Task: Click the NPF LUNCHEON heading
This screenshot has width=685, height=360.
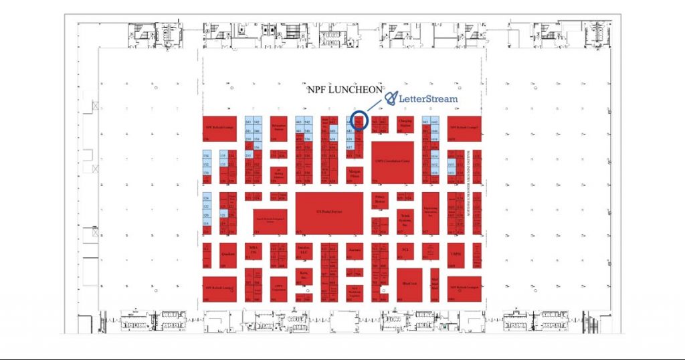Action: coord(345,89)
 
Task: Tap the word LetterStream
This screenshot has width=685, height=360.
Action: coord(428,99)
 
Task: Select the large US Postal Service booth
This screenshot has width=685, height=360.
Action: coord(328,212)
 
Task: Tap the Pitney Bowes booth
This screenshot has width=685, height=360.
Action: coord(380,199)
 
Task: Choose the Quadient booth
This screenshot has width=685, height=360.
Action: coord(225,255)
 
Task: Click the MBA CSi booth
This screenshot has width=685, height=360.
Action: coord(252,251)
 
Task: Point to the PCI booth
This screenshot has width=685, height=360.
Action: coord(403,251)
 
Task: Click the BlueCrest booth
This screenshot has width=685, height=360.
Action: coord(409,282)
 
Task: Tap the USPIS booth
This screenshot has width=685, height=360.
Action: coord(456,254)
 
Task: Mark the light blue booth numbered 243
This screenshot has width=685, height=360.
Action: coord(248,122)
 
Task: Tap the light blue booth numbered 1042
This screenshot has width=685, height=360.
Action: coord(433,122)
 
